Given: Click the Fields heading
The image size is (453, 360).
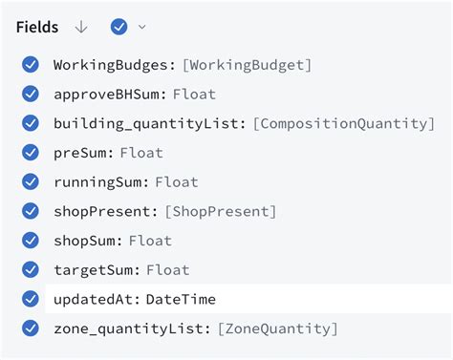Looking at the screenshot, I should tap(37, 27).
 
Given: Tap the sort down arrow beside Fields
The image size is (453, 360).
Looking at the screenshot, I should tap(81, 27).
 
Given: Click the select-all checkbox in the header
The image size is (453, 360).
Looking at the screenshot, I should tap(119, 27).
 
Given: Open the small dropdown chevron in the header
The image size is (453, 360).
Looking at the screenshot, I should tap(142, 27).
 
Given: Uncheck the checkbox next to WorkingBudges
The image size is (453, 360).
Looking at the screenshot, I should tap(31, 65).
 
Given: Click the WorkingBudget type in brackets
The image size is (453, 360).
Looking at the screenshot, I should tap(248, 65).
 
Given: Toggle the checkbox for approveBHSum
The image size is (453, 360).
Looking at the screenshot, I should tap(31, 94).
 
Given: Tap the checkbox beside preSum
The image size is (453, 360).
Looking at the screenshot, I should tap(31, 153).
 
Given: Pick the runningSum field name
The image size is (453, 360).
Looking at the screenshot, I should tap(99, 181).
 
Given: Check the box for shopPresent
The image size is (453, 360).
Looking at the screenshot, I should tap(31, 211).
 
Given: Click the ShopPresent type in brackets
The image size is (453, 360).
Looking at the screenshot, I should tap(221, 211).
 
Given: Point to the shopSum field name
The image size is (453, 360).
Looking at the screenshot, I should tap(86, 241).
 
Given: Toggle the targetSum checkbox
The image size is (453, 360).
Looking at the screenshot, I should tap(31, 270).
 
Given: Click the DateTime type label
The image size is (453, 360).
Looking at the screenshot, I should tap(181, 300).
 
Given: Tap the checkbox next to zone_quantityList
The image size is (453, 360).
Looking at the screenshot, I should tap(31, 328).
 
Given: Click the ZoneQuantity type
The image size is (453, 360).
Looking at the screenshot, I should tap(277, 328).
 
